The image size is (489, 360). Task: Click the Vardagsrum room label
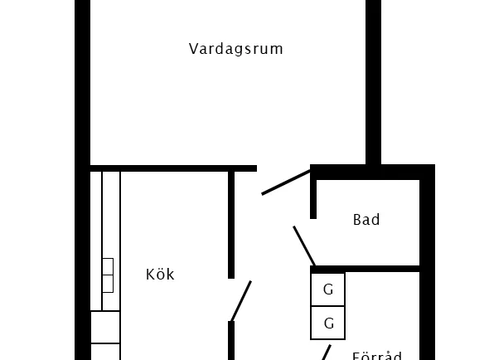tap(235, 49)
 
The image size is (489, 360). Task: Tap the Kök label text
tap(160, 274)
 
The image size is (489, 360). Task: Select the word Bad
tap(366, 220)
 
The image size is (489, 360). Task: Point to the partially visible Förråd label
tap(377, 356)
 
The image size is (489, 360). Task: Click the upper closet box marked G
tap(327, 289)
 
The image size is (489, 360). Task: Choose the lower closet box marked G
tap(327, 323)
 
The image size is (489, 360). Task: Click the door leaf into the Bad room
tap(304, 246)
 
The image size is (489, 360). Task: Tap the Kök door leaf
tap(241, 301)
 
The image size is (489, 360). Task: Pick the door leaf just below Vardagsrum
tap(286, 182)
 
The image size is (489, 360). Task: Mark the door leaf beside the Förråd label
tap(327, 353)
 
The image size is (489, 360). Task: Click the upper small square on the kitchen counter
tap(108, 266)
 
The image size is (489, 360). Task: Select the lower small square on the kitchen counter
tap(108, 284)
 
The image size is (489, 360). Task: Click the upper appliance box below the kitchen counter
tap(105, 327)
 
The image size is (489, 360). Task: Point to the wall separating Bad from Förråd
tap(365, 269)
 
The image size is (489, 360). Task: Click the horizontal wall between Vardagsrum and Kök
tap(173, 168)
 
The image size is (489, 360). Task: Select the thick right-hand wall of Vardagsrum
tap(373, 82)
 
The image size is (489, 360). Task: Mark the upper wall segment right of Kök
tap(231, 225)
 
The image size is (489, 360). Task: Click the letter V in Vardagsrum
tap(193, 49)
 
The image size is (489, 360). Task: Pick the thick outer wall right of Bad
tap(427, 262)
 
